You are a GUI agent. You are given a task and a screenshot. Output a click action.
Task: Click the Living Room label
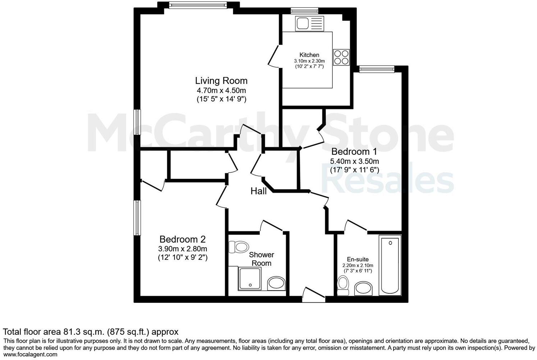click(221, 81)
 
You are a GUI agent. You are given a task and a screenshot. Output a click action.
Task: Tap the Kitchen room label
click(309, 55)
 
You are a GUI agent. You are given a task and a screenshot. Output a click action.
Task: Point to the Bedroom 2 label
click(183, 239)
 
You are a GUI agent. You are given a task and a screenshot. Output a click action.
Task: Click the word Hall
click(259, 191)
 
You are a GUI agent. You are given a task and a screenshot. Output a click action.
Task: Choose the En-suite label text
click(358, 259)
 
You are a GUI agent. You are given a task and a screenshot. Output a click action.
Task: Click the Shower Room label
click(261, 259)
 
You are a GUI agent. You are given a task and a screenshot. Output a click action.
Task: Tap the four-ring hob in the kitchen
click(341, 57)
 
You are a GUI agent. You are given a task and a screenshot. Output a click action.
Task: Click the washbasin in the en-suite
click(364, 288)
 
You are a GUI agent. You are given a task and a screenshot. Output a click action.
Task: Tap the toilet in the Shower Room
click(238, 247)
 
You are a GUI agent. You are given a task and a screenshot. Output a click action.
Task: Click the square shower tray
click(251, 279)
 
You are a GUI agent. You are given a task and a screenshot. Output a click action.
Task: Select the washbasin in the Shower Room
click(277, 283)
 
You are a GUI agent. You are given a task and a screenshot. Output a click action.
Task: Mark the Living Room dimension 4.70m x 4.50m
click(221, 90)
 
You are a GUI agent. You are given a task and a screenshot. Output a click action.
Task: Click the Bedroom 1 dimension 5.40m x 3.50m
click(355, 161)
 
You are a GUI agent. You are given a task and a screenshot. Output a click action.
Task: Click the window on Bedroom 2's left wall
click(137, 218)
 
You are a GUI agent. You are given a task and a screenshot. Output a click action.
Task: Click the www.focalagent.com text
click(30, 355)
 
